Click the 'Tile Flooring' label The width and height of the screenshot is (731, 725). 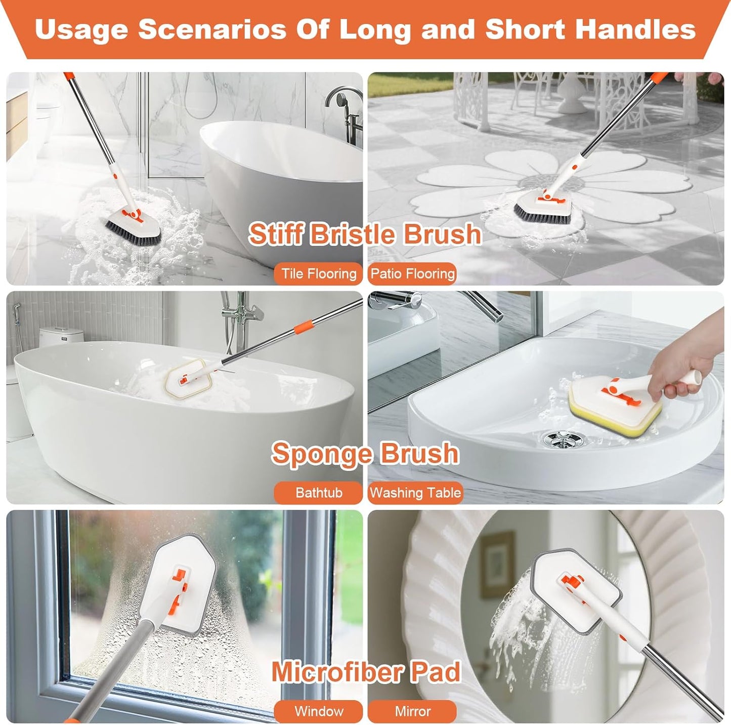[x=319, y=274]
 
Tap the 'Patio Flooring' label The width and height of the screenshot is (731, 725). [x=412, y=274]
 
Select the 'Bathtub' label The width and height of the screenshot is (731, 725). [x=319, y=493]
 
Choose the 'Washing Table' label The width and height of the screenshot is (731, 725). [x=415, y=493]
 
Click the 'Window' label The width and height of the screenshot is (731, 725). [x=319, y=711]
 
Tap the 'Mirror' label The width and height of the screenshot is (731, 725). [x=412, y=711]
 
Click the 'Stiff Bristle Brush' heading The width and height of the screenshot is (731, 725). [x=365, y=234]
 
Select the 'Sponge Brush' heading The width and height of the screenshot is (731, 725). [x=365, y=453]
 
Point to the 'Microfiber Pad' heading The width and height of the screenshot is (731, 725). [x=366, y=672]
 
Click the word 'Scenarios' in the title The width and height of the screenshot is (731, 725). [x=212, y=29]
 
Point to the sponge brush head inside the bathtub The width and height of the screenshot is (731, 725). [x=190, y=377]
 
